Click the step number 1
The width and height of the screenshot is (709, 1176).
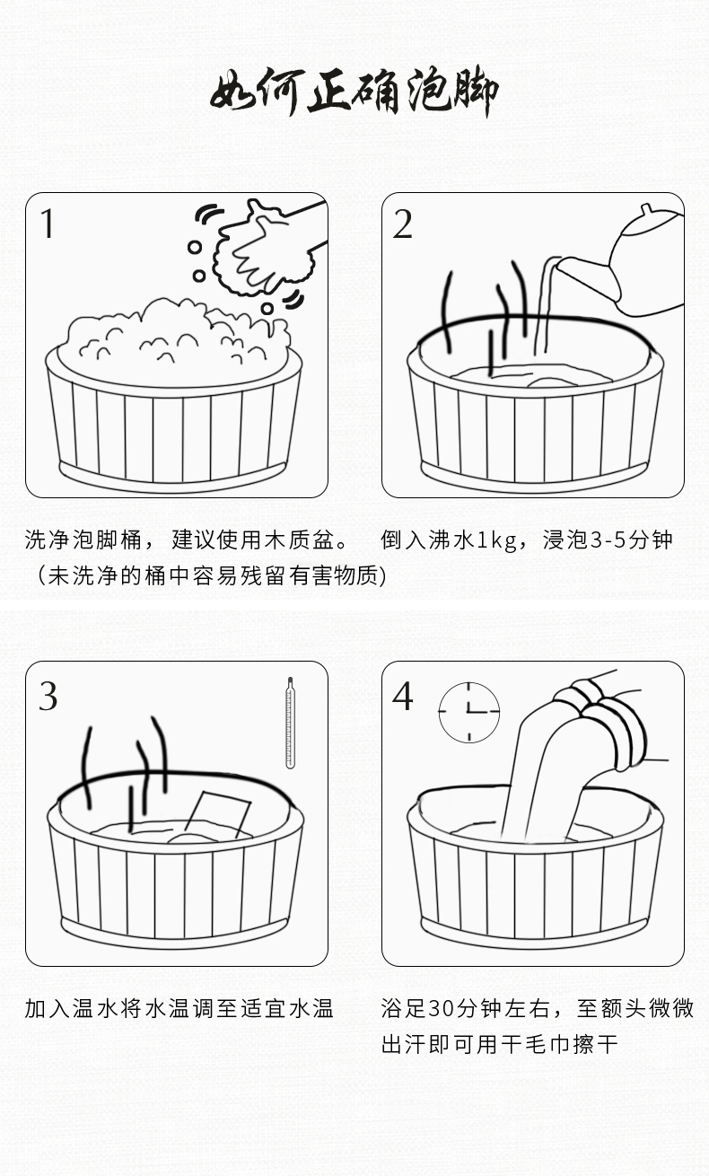click(48, 224)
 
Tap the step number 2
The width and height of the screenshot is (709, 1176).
click(402, 224)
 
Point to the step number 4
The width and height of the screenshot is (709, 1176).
click(403, 695)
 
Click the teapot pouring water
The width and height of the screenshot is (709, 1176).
click(642, 260)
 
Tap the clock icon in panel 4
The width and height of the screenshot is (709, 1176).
click(468, 712)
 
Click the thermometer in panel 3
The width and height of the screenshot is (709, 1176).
click(290, 723)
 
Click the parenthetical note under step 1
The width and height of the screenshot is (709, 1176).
click(212, 575)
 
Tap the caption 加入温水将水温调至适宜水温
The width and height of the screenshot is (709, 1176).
click(179, 1009)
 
